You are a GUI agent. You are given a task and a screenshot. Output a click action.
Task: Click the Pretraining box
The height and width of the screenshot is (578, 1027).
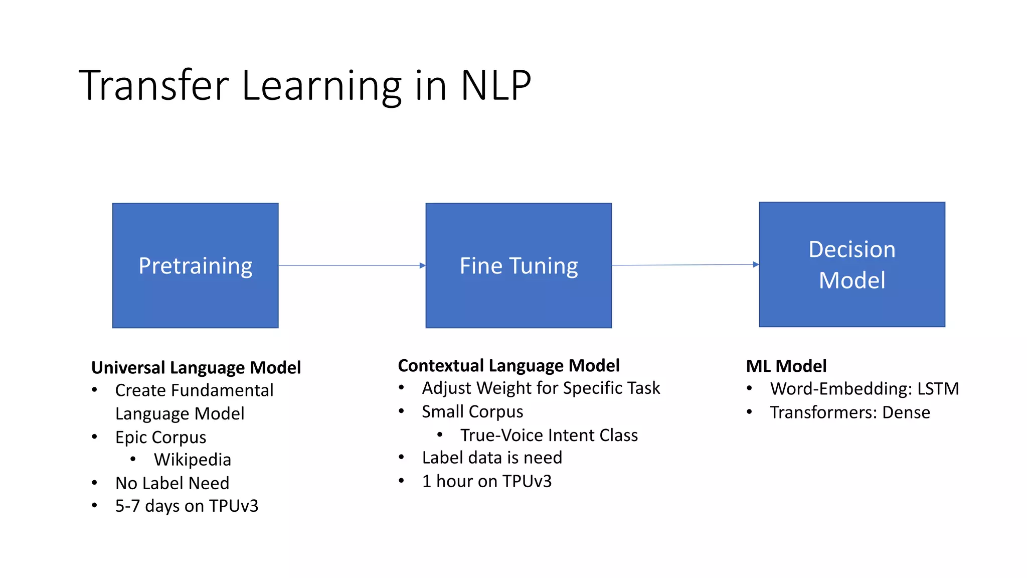[195, 265]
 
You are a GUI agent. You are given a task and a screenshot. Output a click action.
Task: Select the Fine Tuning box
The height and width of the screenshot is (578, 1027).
[519, 265]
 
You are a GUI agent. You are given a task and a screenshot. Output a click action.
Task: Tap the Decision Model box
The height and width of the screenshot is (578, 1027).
[851, 264]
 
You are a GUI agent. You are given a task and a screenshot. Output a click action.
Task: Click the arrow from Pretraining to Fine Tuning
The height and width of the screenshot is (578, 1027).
[352, 265]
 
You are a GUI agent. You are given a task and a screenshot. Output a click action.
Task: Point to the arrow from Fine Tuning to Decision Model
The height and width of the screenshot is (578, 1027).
[685, 265]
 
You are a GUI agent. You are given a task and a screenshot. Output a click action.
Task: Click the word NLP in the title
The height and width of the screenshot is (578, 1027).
[495, 85]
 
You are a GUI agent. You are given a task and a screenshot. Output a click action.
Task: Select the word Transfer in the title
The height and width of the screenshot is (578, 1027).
[153, 85]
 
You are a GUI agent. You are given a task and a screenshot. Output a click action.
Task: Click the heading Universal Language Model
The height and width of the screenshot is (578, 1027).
[196, 368]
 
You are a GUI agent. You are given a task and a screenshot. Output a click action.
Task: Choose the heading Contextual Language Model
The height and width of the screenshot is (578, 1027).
[508, 366]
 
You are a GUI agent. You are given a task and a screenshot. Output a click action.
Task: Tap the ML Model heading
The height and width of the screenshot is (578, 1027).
[786, 366]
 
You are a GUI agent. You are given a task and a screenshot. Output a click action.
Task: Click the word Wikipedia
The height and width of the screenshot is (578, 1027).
[193, 460]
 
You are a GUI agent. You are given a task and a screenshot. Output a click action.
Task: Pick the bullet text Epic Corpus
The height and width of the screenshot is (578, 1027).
[160, 437]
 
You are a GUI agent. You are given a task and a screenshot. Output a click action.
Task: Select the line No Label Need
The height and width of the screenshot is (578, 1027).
[172, 483]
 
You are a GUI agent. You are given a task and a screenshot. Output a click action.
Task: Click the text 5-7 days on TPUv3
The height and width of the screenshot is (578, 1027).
[187, 506]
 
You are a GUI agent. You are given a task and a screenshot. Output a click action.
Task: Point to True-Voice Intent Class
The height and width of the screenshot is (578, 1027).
[549, 435]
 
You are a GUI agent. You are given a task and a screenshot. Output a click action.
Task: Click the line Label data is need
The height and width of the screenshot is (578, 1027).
[492, 458]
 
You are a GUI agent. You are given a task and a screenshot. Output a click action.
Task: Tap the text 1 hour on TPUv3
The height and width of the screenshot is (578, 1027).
[486, 481]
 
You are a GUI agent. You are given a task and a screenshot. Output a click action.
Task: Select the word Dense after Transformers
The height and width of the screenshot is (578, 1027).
[906, 412]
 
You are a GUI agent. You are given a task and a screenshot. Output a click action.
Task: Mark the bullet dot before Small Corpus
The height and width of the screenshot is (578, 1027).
[401, 411]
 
